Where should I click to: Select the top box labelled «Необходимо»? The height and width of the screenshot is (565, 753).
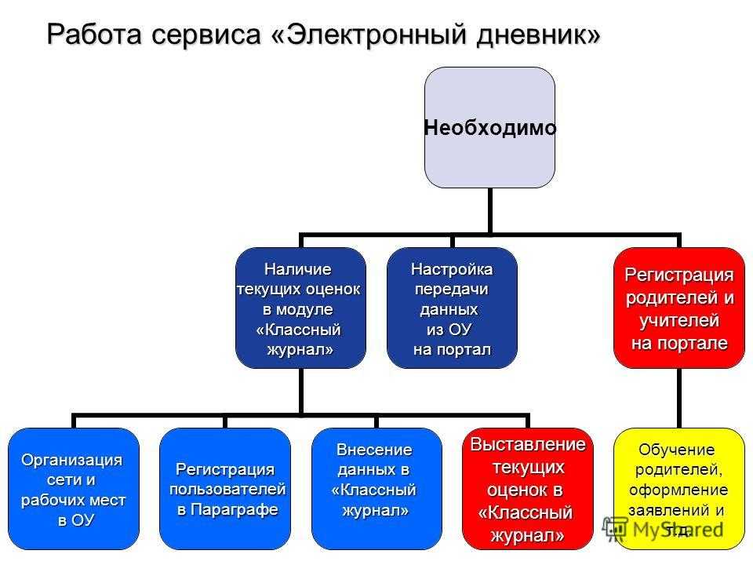pos(489,127)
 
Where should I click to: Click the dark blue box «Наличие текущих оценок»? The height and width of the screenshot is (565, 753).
pos(300,308)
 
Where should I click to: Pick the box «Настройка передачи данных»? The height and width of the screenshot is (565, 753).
pos(453,308)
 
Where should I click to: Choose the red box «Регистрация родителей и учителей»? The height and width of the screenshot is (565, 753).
pos(679,308)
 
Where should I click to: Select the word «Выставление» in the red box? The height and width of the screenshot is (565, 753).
pos(527,444)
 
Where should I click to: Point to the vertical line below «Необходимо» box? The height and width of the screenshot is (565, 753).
pos(490,210)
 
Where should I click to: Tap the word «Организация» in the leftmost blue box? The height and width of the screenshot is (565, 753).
pos(72,459)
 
